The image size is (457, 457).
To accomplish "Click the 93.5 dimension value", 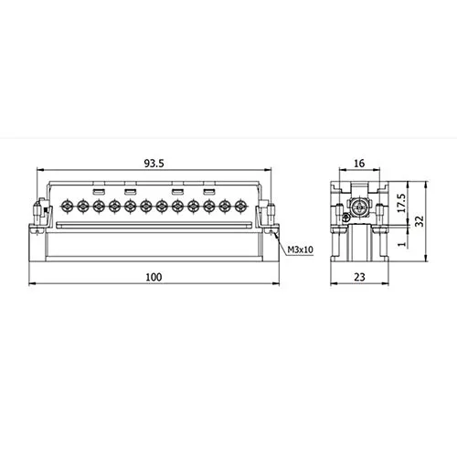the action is point(154,164).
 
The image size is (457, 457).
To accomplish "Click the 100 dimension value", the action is point(154,277).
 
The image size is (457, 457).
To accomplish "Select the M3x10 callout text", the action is point(301,250).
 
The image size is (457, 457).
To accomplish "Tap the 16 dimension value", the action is point(359,164).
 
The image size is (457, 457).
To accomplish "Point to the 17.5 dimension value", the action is point(401,203).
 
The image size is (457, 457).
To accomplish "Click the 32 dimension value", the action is point(420,221).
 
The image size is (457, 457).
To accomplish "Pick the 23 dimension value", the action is point(359,277).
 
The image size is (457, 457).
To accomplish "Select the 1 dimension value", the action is point(402,244).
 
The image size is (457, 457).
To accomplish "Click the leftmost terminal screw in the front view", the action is point(66,207).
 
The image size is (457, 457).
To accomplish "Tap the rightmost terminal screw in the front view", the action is point(240,207).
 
